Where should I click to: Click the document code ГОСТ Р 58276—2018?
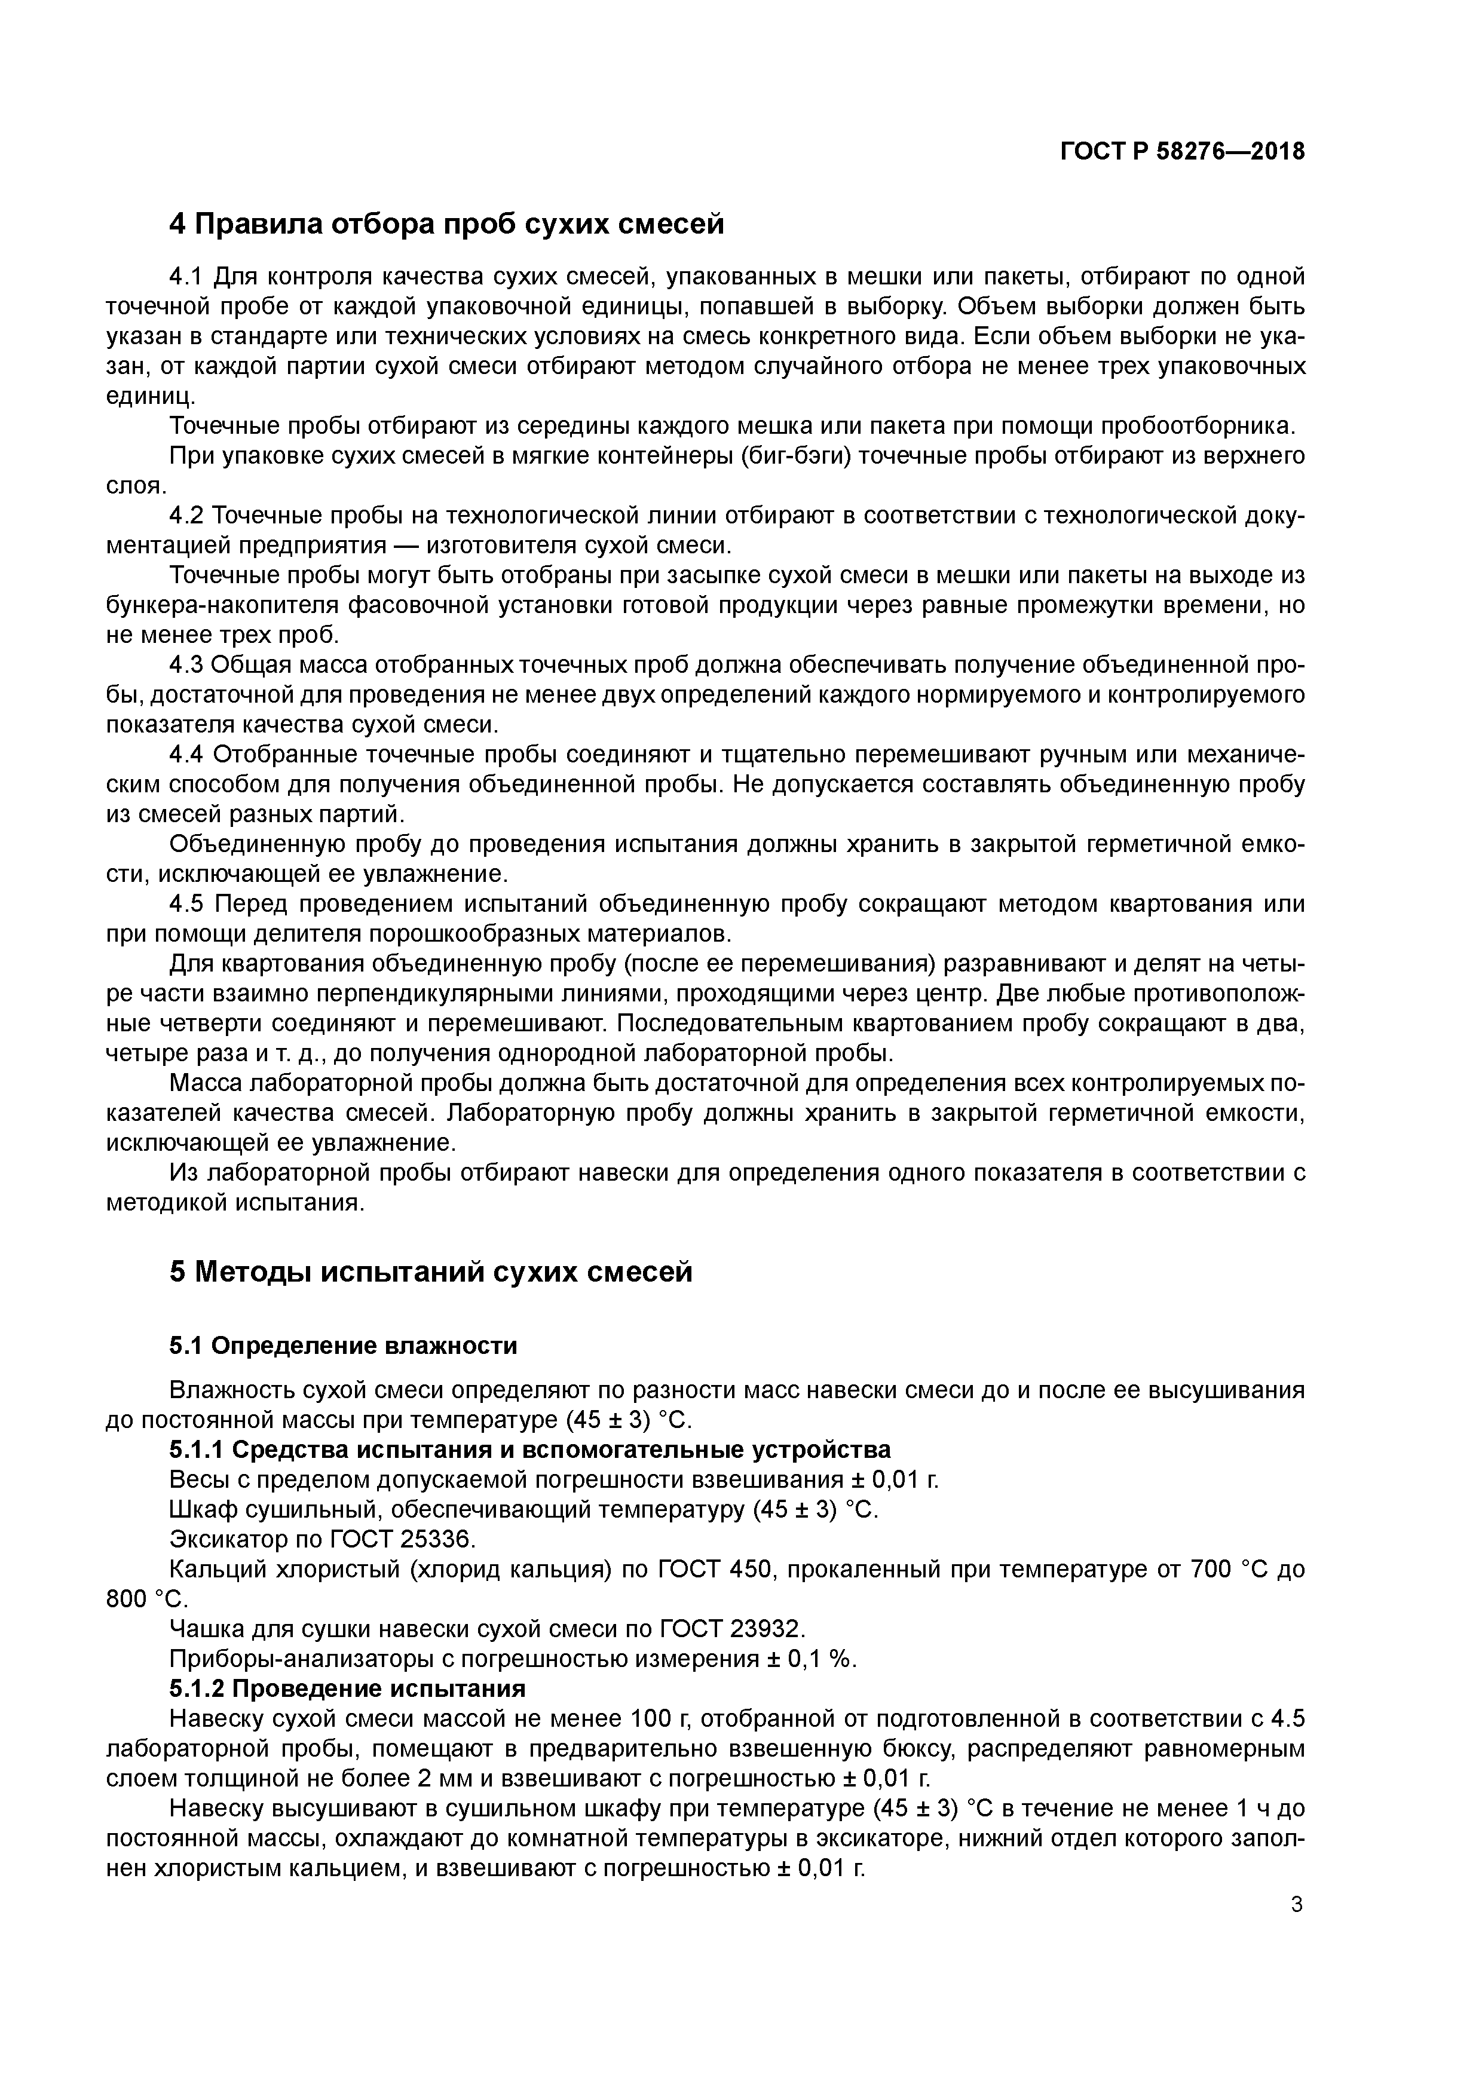(1183, 152)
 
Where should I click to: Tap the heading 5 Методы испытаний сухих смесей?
(431, 1271)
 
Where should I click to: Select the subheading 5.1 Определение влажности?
(344, 1346)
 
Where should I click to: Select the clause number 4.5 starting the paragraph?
(187, 904)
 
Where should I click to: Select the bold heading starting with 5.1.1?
(529, 1450)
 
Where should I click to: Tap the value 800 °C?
(145, 1598)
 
